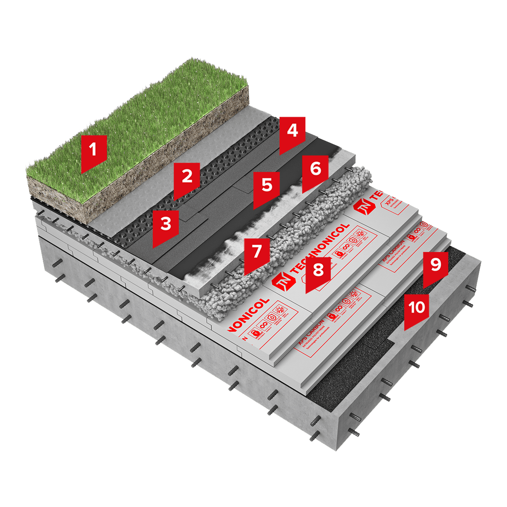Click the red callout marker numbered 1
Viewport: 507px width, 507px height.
(x=94, y=151)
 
